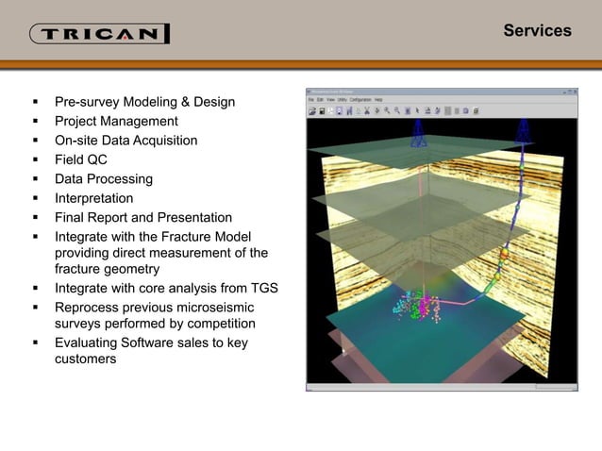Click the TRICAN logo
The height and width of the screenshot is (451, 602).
(100, 34)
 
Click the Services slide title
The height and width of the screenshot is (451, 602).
(537, 30)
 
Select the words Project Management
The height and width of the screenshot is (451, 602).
(116, 121)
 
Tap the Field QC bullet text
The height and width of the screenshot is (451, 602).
(81, 159)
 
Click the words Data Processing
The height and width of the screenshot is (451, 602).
(104, 178)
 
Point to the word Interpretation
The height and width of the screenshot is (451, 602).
(93, 198)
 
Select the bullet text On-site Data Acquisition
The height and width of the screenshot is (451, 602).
(126, 141)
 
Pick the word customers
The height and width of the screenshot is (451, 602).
(86, 359)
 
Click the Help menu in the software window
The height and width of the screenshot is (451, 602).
(378, 99)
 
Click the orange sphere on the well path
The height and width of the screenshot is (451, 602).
(504, 253)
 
